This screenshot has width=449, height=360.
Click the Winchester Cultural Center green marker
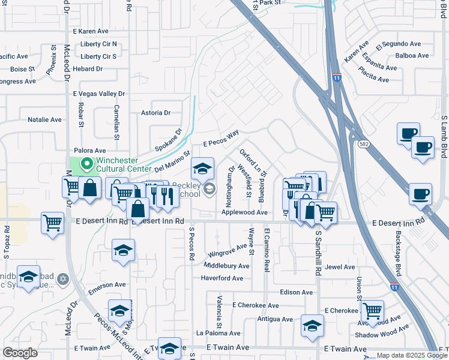(86, 162)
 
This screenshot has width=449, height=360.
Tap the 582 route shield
(364, 144)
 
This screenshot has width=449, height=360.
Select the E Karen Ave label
(90, 31)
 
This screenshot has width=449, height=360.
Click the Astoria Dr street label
(155, 113)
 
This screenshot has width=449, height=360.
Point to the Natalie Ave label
(44, 120)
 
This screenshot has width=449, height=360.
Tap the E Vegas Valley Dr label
(98, 94)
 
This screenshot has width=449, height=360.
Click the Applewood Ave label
(244, 212)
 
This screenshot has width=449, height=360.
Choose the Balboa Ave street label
(412, 56)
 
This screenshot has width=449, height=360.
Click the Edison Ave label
(297, 292)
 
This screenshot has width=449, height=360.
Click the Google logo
(20, 353)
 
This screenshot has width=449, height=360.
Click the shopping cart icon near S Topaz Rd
(53, 223)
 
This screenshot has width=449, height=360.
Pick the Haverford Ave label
(221, 278)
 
